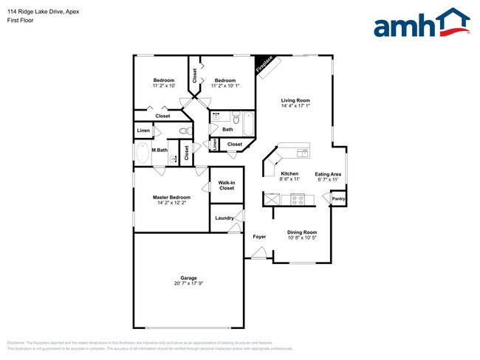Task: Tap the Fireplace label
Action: pyautogui.click(x=264, y=65)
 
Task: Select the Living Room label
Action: pyautogui.click(x=295, y=100)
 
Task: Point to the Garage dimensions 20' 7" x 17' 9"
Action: pyautogui.click(x=188, y=283)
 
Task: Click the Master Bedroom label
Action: pyautogui.click(x=171, y=197)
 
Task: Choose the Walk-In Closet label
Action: pyautogui.click(x=227, y=185)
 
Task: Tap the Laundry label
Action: pyautogui.click(x=224, y=218)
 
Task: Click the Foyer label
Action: pyautogui.click(x=259, y=237)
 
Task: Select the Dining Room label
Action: pyautogui.click(x=301, y=232)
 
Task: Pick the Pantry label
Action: pyautogui.click(x=338, y=198)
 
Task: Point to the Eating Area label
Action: pyautogui.click(x=328, y=174)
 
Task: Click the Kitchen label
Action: pyautogui.click(x=289, y=174)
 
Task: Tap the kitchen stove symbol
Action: pyautogui.click(x=298, y=198)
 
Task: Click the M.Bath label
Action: pyautogui.click(x=159, y=150)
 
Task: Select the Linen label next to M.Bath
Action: pyautogui.click(x=143, y=131)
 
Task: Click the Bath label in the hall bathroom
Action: pyautogui.click(x=227, y=129)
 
